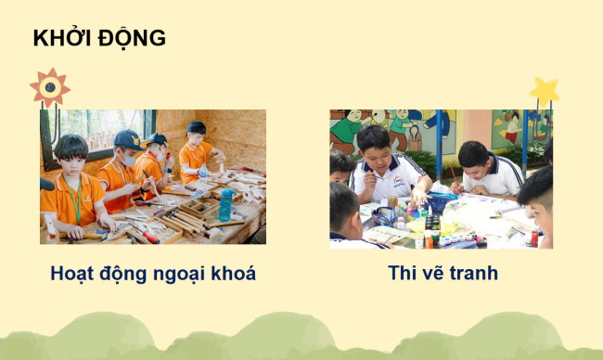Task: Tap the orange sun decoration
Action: [49, 87]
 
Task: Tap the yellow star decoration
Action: [544, 92]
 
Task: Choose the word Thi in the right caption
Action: [405, 274]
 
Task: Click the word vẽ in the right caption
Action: [434, 274]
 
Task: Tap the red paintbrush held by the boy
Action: [453, 175]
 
